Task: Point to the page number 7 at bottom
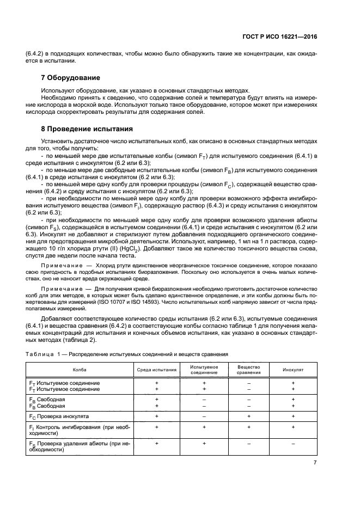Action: pyautogui.click(x=315, y=463)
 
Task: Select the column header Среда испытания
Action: pyautogui.click(x=156, y=370)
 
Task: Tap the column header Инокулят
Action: pyautogui.click(x=292, y=370)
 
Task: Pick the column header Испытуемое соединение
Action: pyautogui.click(x=204, y=370)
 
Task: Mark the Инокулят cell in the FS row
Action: pyautogui.click(x=292, y=444)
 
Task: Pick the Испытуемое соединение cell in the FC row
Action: pyautogui.click(x=204, y=416)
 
